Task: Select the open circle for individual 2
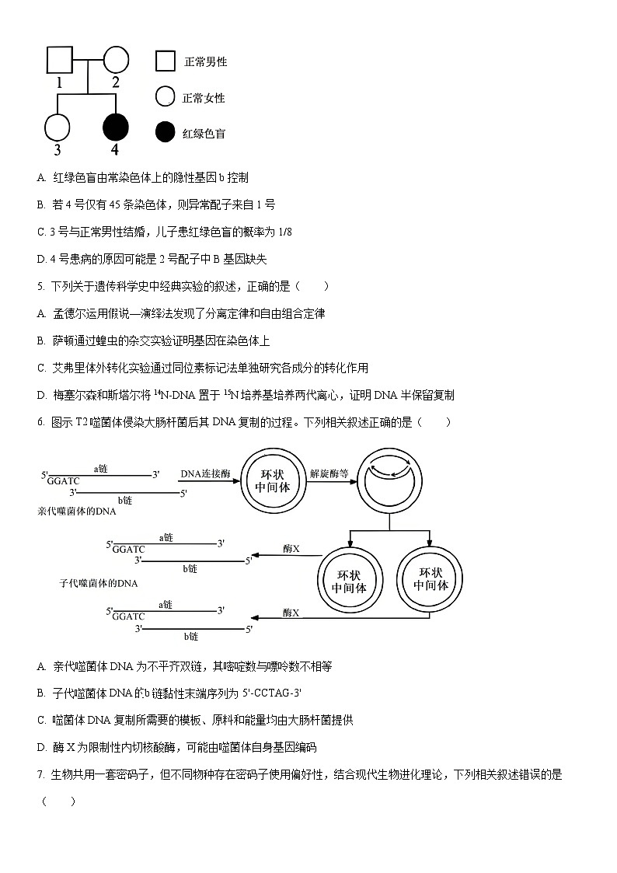tap(115, 60)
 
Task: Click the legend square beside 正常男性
tap(165, 61)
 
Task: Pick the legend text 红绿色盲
tap(204, 134)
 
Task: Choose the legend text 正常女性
tap(204, 98)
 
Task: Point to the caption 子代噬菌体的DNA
tap(98, 583)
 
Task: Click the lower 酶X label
tap(291, 613)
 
